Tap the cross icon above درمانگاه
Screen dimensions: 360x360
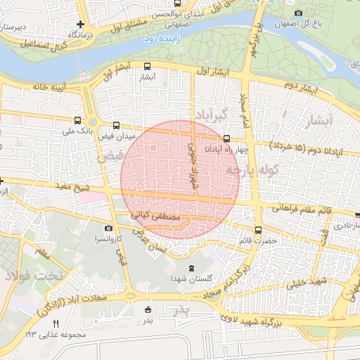pos(82,24)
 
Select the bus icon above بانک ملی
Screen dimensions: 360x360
pos(77,120)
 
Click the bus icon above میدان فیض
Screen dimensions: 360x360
pos(116,125)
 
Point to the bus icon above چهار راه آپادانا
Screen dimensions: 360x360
pos(226,139)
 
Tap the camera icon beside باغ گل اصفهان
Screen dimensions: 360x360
pos(299,13)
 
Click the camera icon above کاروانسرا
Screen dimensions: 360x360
pos(108,229)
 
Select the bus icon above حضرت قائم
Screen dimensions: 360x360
pos(258,230)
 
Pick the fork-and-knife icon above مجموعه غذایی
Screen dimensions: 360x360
pos(56,323)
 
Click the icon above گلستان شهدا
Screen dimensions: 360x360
pos(191,268)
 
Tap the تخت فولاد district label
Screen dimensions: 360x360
pos(33,274)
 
